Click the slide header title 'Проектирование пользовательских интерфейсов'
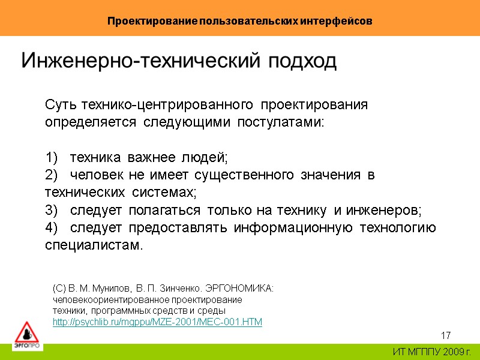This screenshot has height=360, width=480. point(240,21)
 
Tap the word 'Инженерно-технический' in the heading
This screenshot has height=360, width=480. point(141,61)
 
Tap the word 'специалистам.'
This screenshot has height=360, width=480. point(95,246)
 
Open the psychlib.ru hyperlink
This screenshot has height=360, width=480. point(158,322)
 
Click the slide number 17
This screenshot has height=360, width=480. point(446,335)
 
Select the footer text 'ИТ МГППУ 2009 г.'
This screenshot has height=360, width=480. point(432,352)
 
